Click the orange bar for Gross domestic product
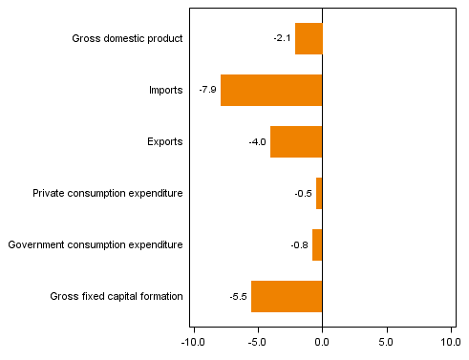click(309, 39)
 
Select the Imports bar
click(271, 91)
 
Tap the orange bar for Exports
click(296, 141)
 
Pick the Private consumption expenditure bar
click(319, 193)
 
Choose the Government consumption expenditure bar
click(317, 244)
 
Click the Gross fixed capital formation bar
click(287, 296)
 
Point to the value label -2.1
click(282, 39)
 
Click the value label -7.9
click(207, 91)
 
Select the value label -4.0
click(257, 142)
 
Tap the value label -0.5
click(303, 194)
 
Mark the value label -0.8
click(299, 245)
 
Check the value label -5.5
click(238, 297)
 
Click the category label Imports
click(165, 91)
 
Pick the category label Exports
click(164, 142)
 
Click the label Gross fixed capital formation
click(117, 297)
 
